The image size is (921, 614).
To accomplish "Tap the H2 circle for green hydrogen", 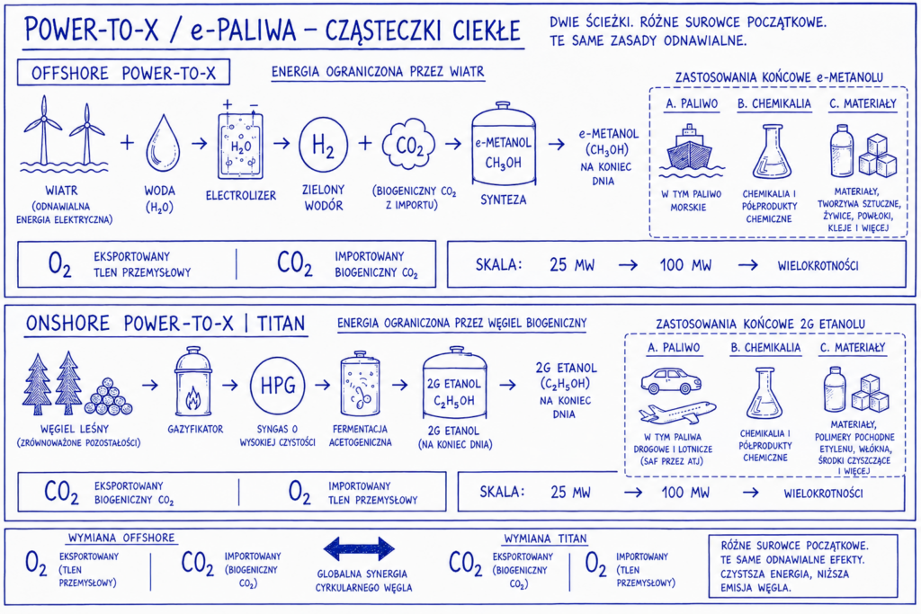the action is (x=323, y=145).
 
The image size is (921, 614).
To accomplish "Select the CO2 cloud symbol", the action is (x=409, y=145).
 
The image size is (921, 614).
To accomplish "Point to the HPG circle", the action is (x=277, y=385).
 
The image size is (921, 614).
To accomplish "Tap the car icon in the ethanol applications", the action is (x=671, y=381).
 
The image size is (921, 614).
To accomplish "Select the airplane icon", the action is (x=677, y=412).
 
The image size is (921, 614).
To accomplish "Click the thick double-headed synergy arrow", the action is (x=359, y=549).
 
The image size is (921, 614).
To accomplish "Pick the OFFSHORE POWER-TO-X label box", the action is (x=123, y=73).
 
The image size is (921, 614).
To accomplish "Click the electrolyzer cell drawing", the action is (x=241, y=143).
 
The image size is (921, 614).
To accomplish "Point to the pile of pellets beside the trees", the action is (x=108, y=396).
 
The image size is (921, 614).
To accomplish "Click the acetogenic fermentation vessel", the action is (x=360, y=384).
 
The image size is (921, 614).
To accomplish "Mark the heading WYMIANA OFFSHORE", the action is (x=121, y=538).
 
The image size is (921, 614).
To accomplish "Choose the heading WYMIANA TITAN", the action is (x=545, y=538).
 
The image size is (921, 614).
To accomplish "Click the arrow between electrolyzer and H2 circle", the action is (x=282, y=143).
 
